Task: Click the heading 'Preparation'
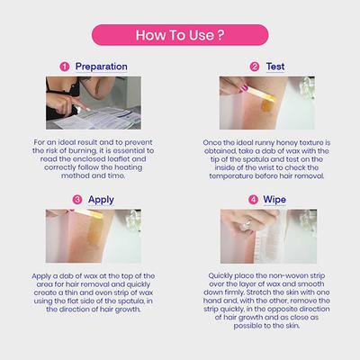click(x=102, y=67)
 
